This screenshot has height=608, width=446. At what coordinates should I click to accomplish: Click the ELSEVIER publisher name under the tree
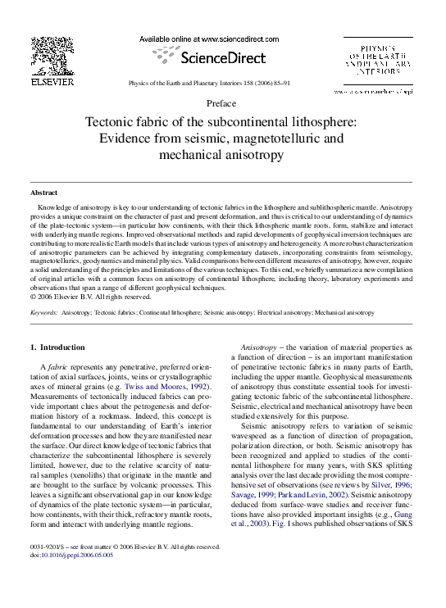[x=52, y=82]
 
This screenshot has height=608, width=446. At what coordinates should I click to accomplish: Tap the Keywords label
[x=44, y=289]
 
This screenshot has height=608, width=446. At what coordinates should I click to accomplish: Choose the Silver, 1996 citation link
[x=398, y=463]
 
